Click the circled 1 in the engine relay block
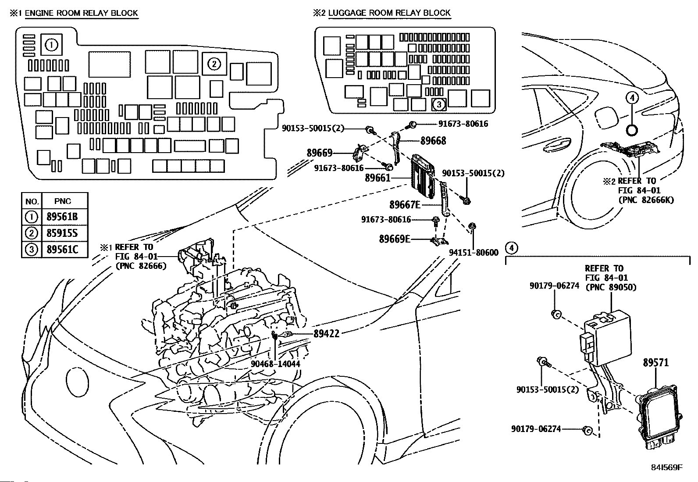click(52, 45)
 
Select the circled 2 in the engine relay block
click(214, 64)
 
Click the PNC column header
click(63, 201)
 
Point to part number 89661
click(377, 178)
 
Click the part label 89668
click(433, 141)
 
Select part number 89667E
click(405, 204)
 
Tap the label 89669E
click(395, 239)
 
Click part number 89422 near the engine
click(326, 334)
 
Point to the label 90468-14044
click(276, 364)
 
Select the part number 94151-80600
click(474, 252)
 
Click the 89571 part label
click(656, 363)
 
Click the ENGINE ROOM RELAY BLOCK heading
click(82, 13)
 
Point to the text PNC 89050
click(610, 287)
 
